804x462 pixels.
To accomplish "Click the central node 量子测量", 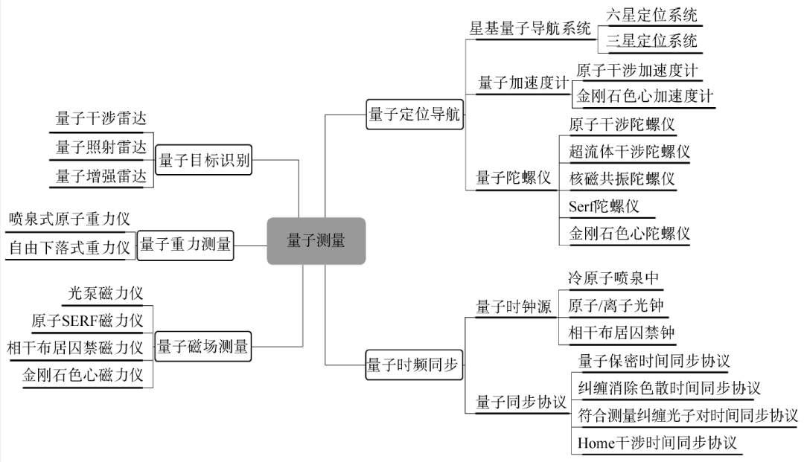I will (316, 240).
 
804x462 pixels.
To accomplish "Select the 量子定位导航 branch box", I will (415, 115).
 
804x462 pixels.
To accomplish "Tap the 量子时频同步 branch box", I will (415, 365).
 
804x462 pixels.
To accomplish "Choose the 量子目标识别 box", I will (204, 160).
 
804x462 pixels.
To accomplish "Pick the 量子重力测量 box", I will (185, 245).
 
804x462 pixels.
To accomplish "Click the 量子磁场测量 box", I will (203, 346).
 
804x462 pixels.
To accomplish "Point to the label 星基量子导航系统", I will (530, 29).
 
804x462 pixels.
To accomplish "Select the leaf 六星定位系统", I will (652, 15).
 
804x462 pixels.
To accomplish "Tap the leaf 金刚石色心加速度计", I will (645, 97).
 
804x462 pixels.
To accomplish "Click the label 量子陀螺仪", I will (513, 179).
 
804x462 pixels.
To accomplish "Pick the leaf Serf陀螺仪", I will (604, 206).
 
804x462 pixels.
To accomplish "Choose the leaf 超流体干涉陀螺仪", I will (629, 152).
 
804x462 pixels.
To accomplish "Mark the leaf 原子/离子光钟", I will (616, 305).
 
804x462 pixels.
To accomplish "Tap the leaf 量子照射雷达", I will (100, 147).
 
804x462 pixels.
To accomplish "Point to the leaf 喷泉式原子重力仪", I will (69, 219).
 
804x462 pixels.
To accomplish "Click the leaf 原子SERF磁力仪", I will (87, 321).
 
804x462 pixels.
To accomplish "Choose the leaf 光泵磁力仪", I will (106, 293).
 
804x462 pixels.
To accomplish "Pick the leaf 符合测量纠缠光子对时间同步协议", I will (688, 415).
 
